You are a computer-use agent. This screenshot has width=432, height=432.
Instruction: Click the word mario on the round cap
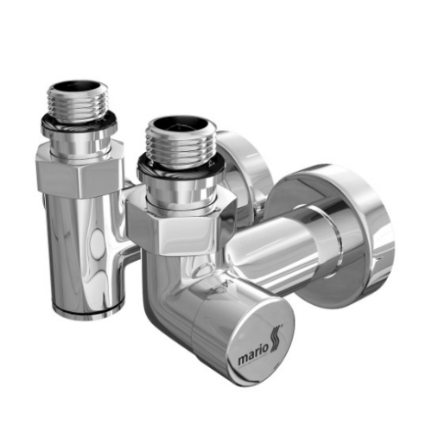pos(251,356)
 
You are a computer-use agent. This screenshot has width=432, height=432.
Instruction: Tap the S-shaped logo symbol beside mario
pos(276,340)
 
